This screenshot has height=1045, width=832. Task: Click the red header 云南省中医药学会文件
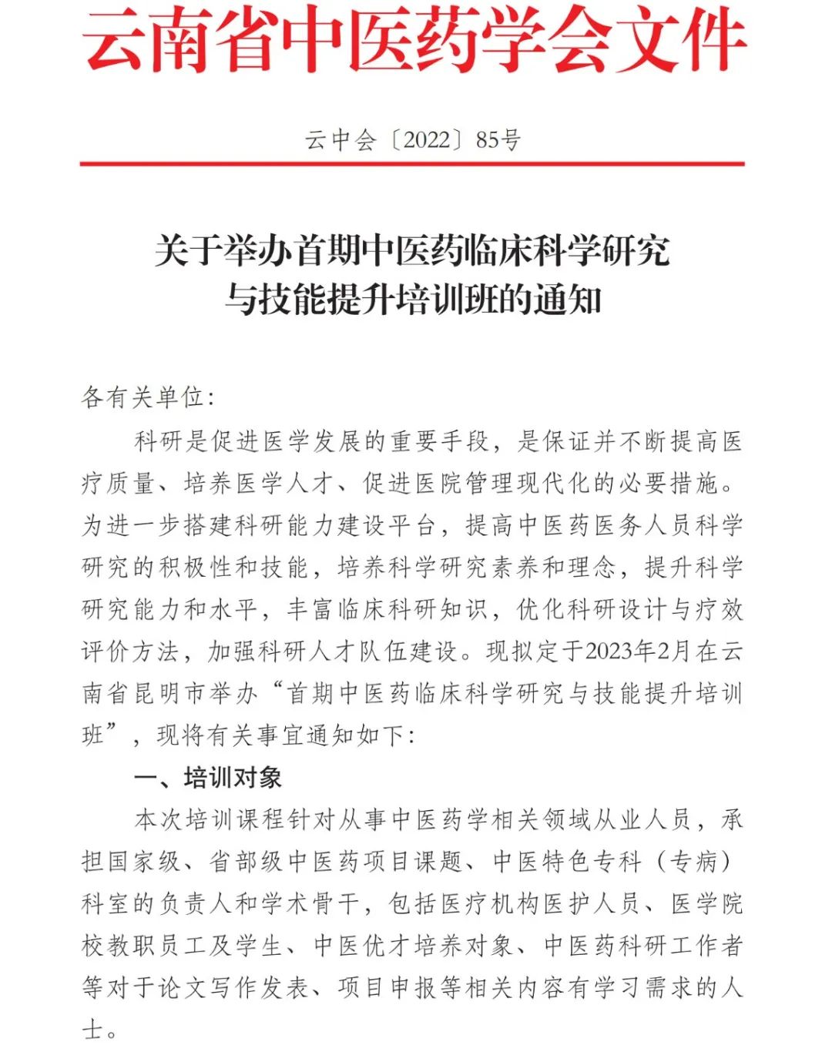coord(414,40)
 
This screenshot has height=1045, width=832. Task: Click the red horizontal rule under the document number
coord(412,164)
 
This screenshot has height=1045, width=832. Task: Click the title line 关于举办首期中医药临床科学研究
coord(413,250)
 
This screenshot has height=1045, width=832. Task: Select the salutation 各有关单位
coord(143,397)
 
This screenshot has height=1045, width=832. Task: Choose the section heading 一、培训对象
coord(208,777)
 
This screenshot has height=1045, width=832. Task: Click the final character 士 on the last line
coord(92,1029)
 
